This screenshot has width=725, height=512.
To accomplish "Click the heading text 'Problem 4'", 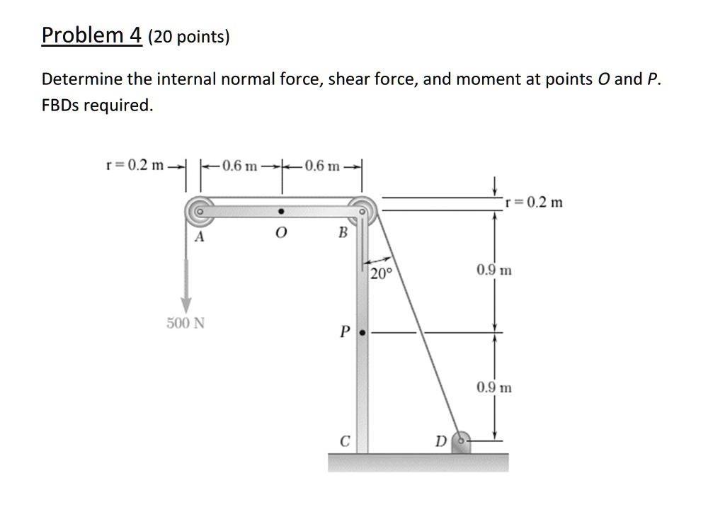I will coord(91,35).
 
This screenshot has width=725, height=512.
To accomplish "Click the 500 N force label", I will coord(185,324).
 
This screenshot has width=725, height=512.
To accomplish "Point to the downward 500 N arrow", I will coord(186,283).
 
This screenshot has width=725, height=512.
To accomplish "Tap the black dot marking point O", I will coord(282,211).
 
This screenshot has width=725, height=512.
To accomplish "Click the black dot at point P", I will coord(362,331).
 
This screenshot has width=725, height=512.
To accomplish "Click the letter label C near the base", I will coord(344,440).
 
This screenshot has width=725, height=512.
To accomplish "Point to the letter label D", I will coord(440,443).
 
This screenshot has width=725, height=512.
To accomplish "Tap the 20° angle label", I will coord(379,274).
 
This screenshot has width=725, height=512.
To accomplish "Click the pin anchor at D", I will coord(461,440).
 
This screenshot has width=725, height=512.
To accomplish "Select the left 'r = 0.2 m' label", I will coord(135,166).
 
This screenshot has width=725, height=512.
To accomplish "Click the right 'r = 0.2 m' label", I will coord(535,202).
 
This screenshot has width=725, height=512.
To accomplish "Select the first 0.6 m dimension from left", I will coord(236,166).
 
